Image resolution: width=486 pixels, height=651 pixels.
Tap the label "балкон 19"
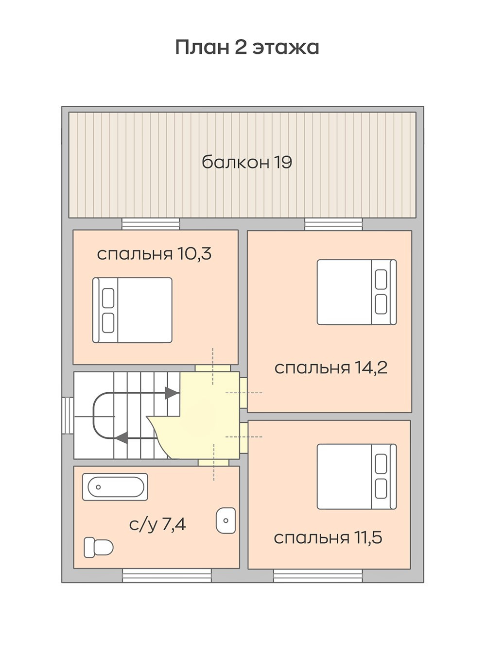[247, 162]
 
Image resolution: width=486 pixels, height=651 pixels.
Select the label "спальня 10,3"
[154, 254]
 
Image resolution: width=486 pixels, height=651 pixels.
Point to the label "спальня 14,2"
[331, 368]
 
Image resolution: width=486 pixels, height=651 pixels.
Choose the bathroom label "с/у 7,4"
[157, 525]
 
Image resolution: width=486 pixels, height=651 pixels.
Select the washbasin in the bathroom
[226, 520]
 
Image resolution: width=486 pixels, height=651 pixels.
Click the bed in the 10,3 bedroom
[132, 310]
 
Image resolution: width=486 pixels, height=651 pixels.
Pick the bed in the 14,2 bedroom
[357, 292]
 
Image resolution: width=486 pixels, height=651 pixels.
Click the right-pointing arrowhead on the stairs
[172, 393]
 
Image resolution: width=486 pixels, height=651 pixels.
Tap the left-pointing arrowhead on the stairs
[121, 437]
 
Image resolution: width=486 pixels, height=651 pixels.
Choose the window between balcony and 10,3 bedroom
[151, 224]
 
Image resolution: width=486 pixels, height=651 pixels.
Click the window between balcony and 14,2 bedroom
[334, 224]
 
